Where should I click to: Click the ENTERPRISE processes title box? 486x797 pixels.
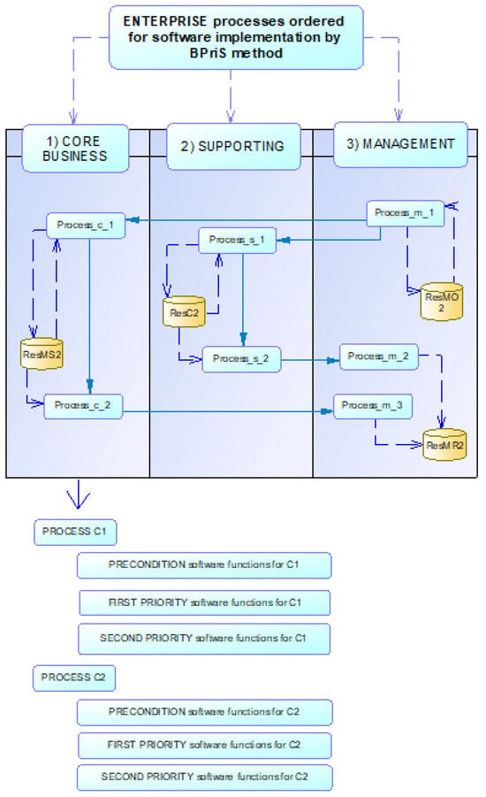pyautogui.click(x=234, y=36)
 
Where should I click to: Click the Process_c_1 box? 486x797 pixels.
pyautogui.click(x=85, y=225)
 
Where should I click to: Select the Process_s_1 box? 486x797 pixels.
pyautogui.click(x=237, y=241)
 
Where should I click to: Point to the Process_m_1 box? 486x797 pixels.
pyautogui.click(x=405, y=213)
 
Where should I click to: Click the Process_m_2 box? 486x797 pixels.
pyautogui.click(x=378, y=356)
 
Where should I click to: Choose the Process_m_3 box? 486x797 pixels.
pyautogui.click(x=373, y=406)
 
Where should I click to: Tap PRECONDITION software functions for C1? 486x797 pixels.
pyautogui.click(x=204, y=564)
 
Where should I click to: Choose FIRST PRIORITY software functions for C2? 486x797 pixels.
pyautogui.click(x=204, y=744)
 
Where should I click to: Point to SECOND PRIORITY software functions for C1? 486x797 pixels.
pyautogui.click(x=204, y=638)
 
